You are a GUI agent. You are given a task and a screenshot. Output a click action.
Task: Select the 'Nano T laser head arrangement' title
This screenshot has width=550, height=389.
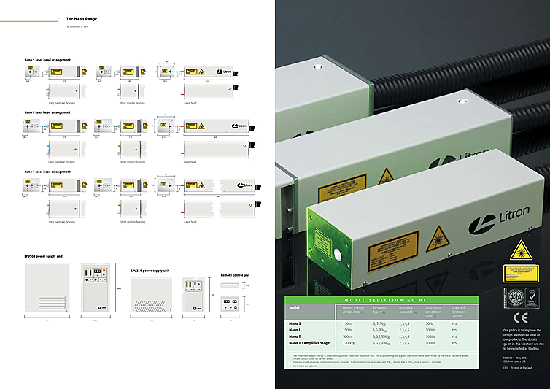point(48,172)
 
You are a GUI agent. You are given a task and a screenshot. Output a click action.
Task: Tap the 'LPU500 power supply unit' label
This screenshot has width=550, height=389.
point(42,258)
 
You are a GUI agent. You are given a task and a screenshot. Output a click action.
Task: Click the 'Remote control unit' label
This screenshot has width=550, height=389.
point(234,276)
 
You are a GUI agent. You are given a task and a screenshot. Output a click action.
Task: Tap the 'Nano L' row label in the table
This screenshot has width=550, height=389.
point(296,329)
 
